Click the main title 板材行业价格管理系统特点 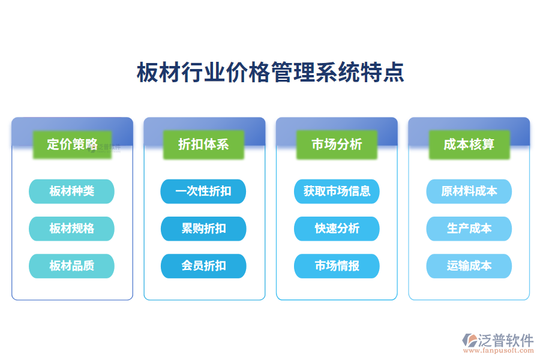click(270, 73)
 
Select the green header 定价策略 click(72, 145)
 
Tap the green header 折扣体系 click(204, 145)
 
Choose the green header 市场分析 click(337, 145)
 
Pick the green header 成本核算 click(469, 145)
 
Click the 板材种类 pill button click(71, 191)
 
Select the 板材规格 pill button click(71, 229)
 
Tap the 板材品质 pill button click(71, 266)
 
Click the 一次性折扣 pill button click(203, 191)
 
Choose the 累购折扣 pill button click(203, 229)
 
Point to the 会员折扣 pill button click(203, 266)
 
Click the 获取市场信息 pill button click(337, 191)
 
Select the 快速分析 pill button click(337, 229)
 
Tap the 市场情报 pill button click(337, 266)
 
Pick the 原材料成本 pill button click(469, 191)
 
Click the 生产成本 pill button click(469, 229)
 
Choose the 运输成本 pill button click(469, 266)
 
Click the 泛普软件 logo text click(505, 340)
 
